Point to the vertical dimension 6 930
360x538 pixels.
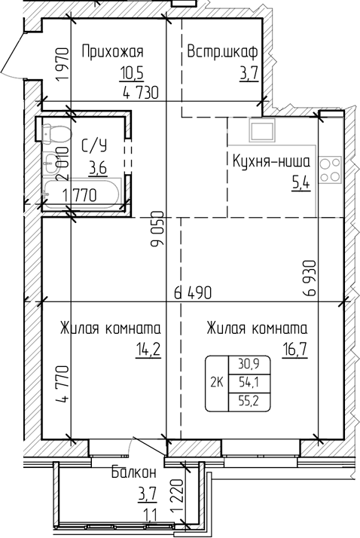click(x=309, y=280)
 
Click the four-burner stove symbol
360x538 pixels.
click(x=329, y=170)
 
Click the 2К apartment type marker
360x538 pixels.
click(x=215, y=383)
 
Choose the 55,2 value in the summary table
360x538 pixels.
click(x=245, y=401)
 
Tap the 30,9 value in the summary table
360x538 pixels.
click(x=245, y=364)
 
